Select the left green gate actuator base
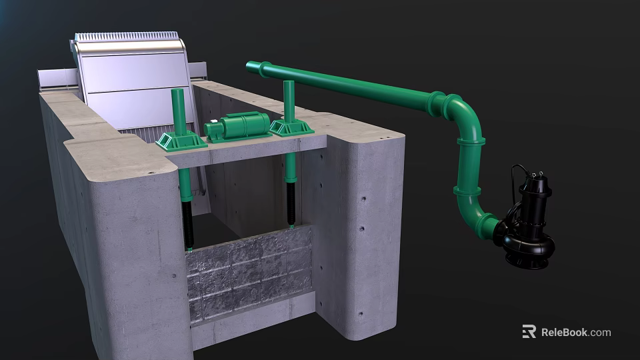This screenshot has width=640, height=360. (181, 141)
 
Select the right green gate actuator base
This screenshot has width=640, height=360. (291, 127)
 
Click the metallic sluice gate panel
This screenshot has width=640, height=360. (250, 273)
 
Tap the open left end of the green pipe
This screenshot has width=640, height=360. (251, 66)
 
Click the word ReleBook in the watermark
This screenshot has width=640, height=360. (563, 332)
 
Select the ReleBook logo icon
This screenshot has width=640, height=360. (529, 331)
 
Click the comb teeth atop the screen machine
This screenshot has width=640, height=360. (127, 36)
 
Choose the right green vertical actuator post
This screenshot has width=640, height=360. (289, 100)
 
